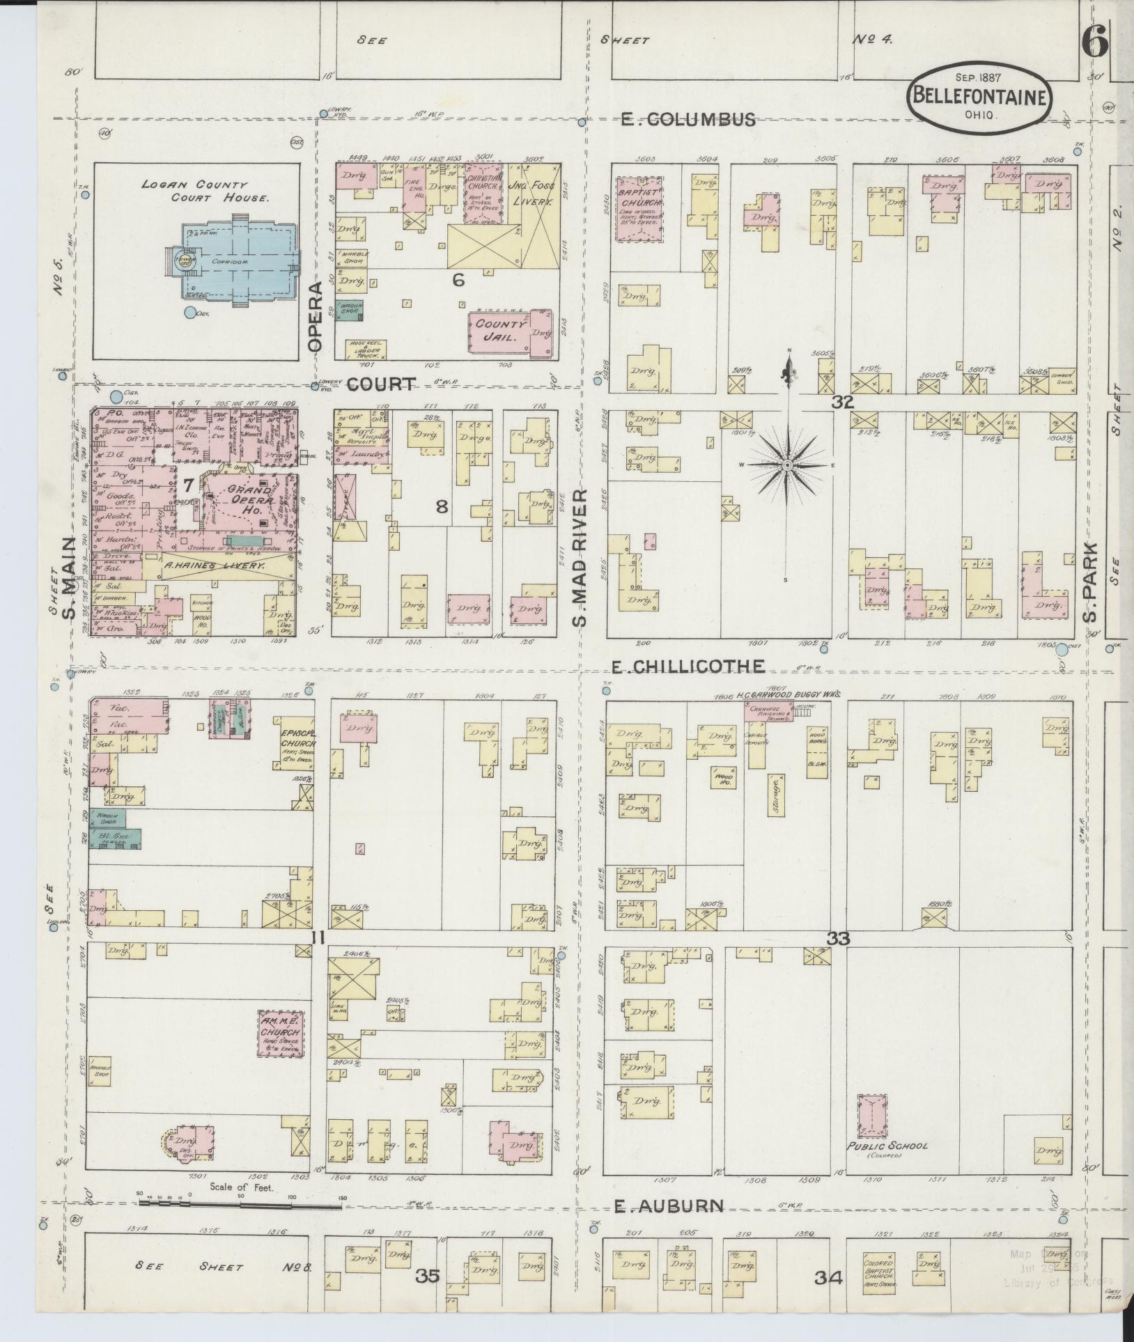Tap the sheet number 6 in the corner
tap(1094, 43)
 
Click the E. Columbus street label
tap(688, 120)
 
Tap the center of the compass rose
tap(788, 465)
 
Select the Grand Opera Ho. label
tap(249, 500)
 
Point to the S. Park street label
tap(1091, 582)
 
